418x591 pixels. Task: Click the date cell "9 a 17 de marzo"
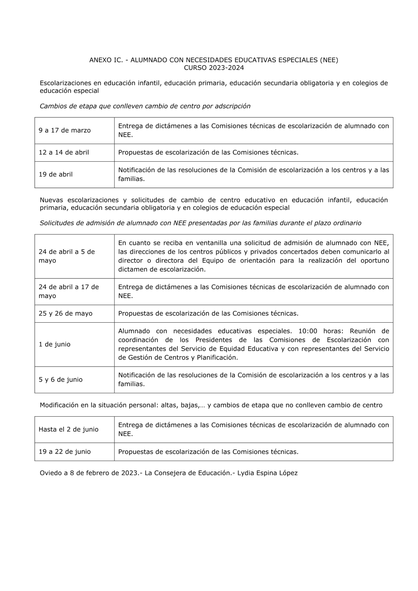65,130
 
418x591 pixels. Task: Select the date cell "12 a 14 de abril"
64,153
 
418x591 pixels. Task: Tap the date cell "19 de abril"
56,175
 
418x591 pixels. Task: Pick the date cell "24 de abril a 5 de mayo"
67,256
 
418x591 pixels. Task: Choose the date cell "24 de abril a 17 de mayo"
69,291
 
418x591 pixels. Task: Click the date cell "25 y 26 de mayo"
66,313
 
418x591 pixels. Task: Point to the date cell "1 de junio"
55,344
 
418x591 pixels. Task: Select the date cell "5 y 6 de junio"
61,380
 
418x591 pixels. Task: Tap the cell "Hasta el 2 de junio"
69,430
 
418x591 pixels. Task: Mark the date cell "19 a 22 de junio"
65,452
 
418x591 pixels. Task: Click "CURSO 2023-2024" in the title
214,68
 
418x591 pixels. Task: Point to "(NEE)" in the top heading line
329,60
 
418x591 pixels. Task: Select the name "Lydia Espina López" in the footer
268,474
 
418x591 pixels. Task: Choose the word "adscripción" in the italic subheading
232,106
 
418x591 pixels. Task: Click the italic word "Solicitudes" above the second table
57,223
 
